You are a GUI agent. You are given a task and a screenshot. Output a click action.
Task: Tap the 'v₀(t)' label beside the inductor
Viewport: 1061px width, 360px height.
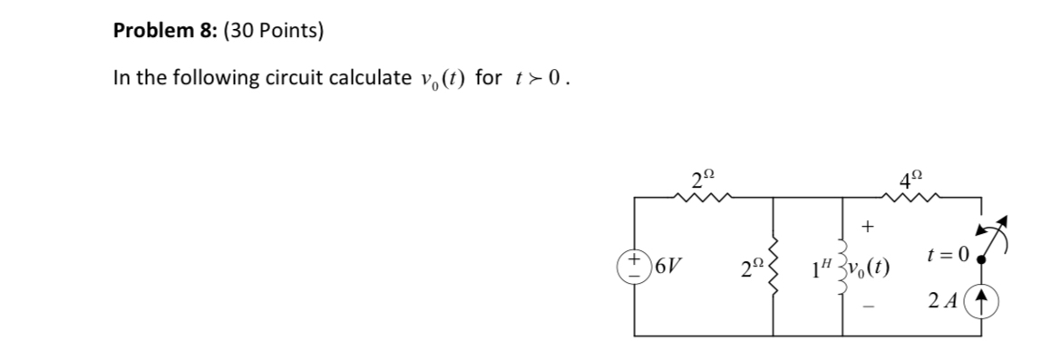(869, 269)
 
